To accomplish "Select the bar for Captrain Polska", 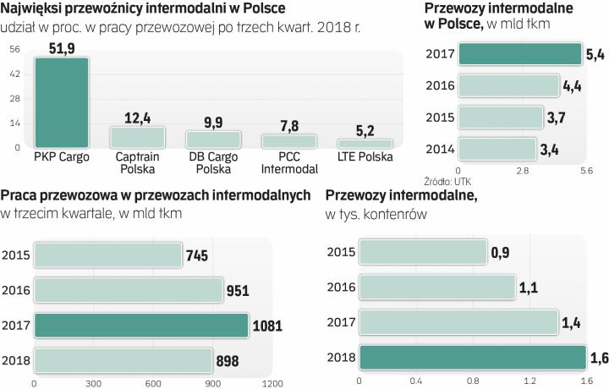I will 137,137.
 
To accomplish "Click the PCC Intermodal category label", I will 288,163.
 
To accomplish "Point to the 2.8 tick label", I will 522,171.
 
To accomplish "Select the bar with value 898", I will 123,360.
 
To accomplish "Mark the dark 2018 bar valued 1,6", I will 472,358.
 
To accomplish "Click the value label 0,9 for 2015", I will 499,252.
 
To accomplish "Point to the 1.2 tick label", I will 529,381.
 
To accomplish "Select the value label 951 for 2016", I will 238,289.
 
